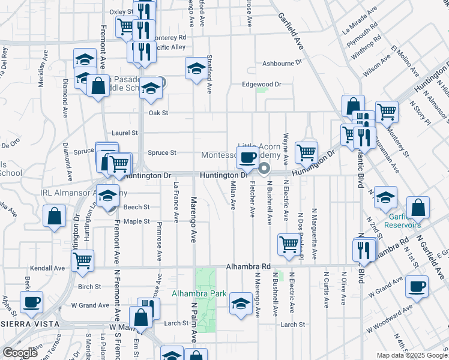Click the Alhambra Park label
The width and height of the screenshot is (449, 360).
tap(199, 293)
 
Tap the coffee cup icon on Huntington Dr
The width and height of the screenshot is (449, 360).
tap(248, 158)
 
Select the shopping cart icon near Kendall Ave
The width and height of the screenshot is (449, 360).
tap(82, 260)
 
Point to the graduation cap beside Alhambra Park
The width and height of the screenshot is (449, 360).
tap(241, 303)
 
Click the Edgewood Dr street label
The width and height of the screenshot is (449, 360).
tap(261, 85)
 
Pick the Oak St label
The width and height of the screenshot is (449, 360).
tap(158, 113)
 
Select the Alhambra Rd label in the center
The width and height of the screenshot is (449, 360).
tap(249, 266)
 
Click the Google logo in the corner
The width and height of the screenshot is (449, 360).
tap(19, 353)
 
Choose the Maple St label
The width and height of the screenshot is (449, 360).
tap(136, 221)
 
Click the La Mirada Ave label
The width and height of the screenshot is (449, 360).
tap(360, 19)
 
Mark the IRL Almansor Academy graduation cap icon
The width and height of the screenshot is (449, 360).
tap(108, 196)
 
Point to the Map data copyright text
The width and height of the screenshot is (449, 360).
tap(412, 355)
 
